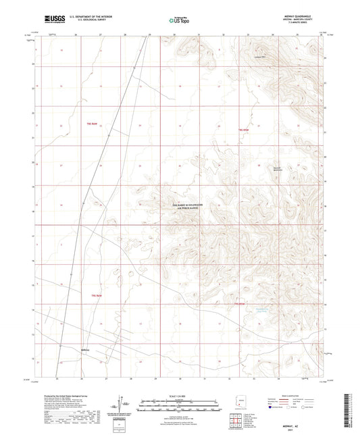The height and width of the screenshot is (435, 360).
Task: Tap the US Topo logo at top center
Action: click(177, 20)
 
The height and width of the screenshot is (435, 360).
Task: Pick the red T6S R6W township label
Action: click(95, 295)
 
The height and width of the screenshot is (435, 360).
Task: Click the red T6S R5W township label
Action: click(238, 304)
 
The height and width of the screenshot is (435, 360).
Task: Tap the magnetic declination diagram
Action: click(123, 402)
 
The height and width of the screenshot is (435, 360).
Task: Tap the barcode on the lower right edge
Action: click(347, 405)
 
